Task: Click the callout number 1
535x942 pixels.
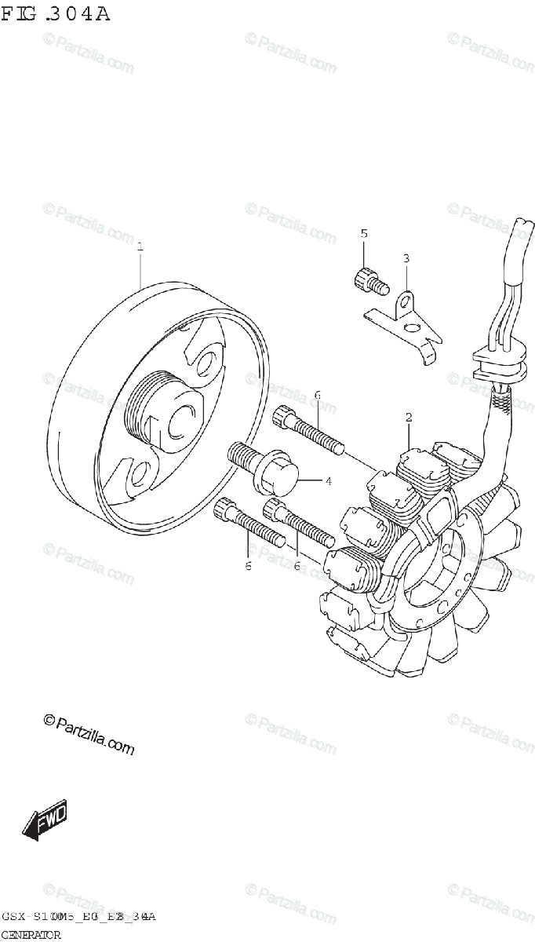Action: (x=140, y=246)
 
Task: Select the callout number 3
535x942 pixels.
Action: (x=406, y=258)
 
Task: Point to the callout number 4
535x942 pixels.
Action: (x=328, y=480)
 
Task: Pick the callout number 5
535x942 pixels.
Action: (x=364, y=233)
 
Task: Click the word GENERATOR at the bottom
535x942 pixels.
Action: (x=31, y=935)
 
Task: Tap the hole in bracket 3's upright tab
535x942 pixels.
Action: (x=406, y=300)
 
